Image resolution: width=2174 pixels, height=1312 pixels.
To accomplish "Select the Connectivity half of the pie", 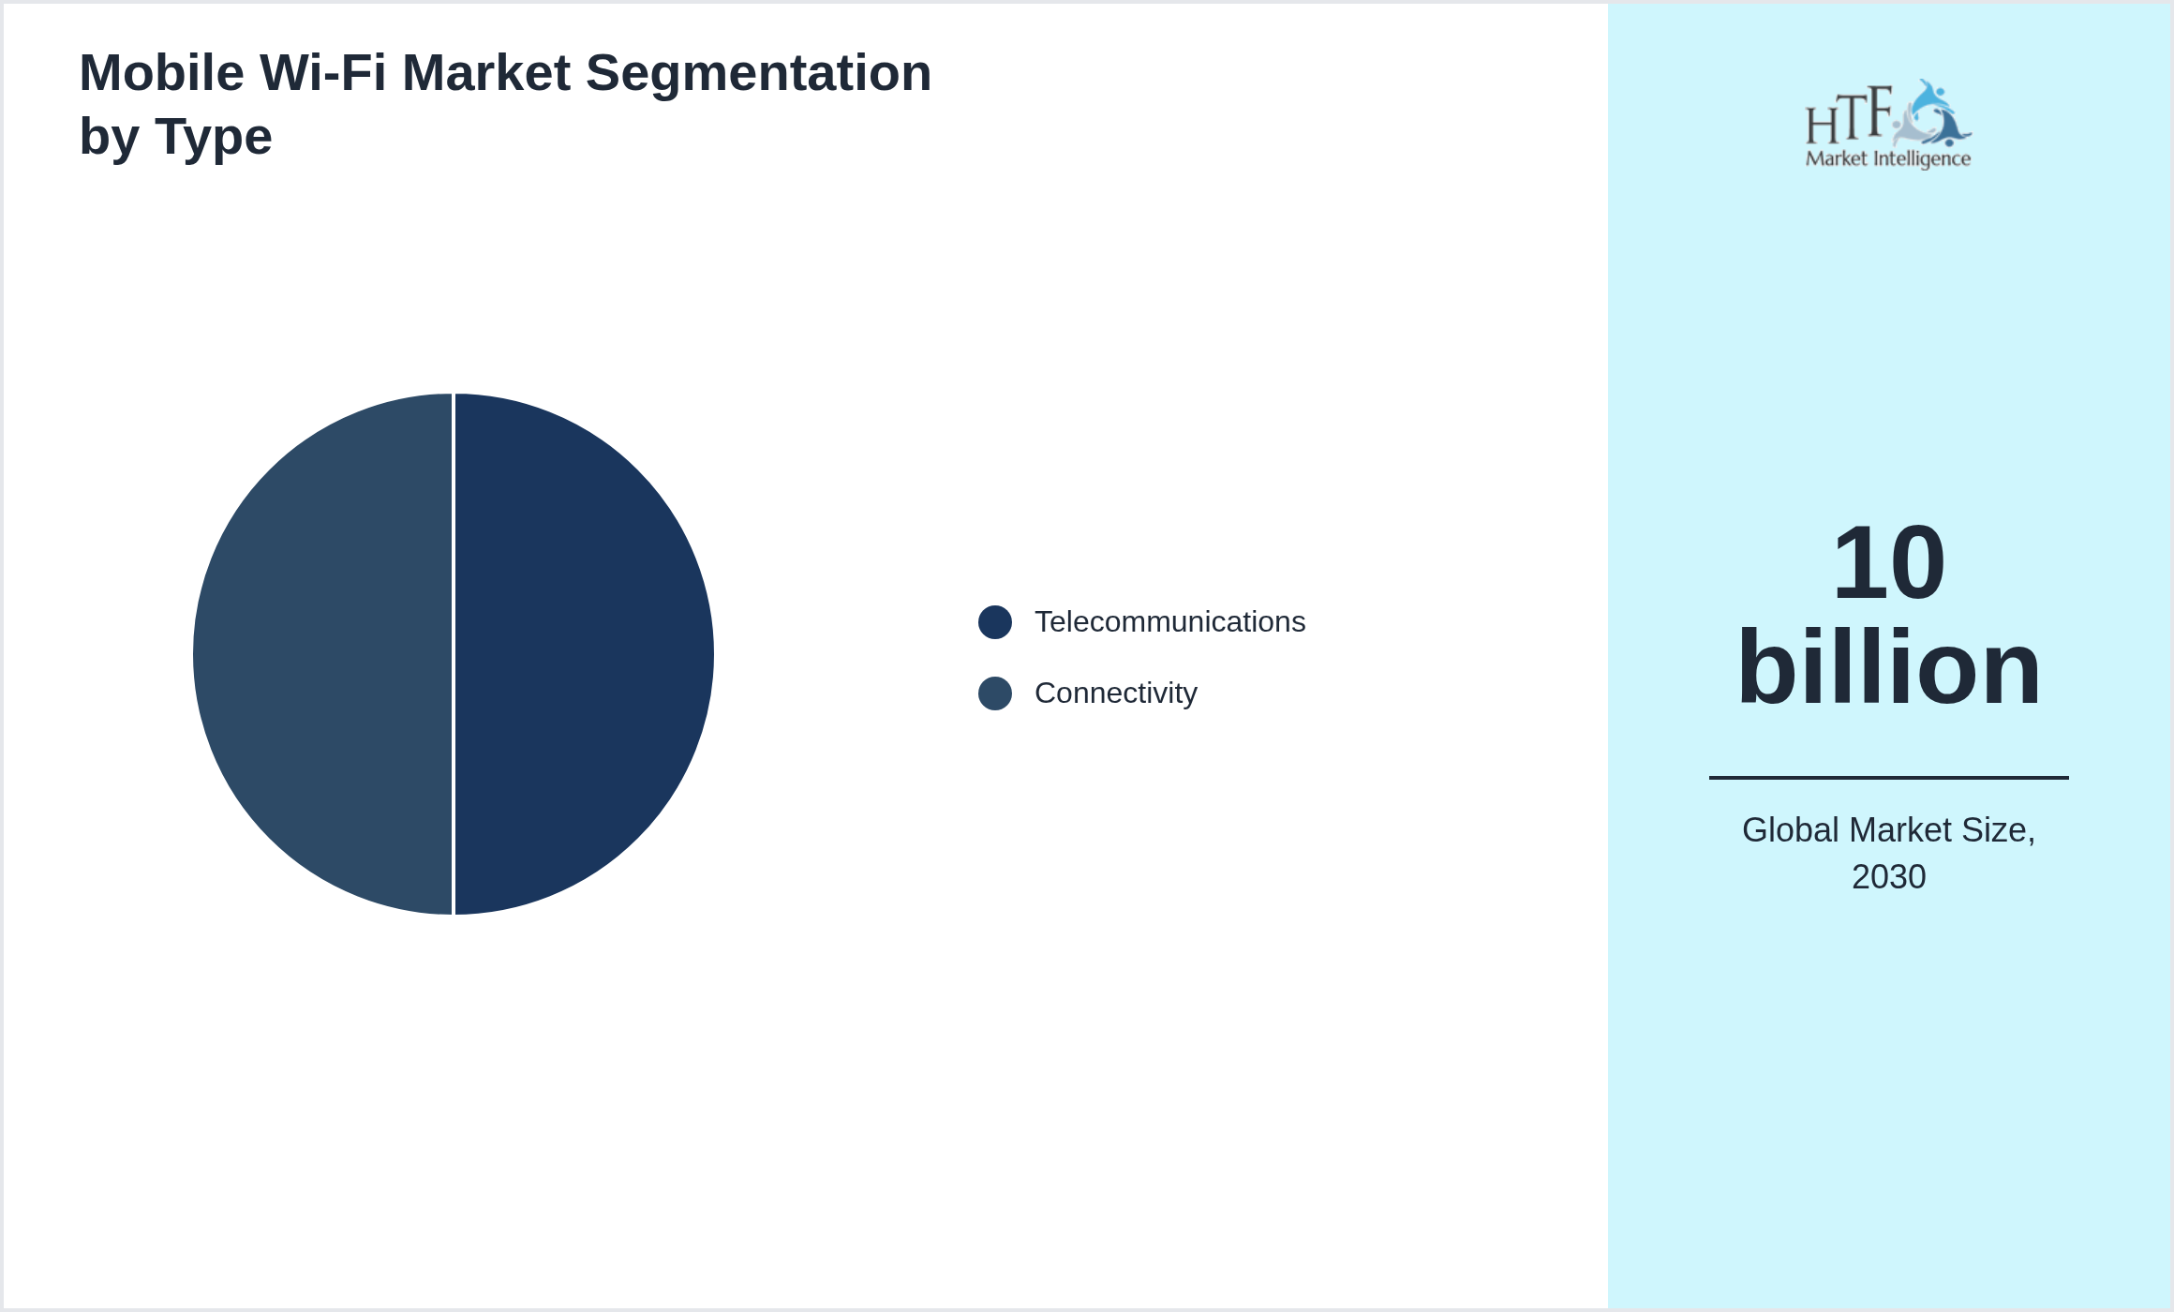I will (323, 654).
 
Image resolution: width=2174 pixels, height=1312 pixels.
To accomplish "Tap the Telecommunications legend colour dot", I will (994, 622).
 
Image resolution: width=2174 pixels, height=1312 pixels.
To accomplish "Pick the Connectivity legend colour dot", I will (994, 693).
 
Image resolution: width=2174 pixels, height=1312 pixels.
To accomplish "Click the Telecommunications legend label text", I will (1169, 622).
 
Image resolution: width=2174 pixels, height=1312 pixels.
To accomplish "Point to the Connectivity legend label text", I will (1115, 693).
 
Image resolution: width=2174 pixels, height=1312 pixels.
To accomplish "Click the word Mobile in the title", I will (162, 73).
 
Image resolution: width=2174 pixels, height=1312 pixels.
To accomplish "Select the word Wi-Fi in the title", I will (322, 73).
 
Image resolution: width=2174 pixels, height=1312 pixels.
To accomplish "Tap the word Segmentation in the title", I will (758, 73).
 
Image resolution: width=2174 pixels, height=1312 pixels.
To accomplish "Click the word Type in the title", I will (214, 138).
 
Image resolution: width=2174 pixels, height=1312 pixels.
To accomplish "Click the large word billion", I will (1888, 667).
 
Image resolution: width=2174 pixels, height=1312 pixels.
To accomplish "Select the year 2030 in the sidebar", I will (1888, 877).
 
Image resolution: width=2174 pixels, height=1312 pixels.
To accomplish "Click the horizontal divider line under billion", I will (1888, 777).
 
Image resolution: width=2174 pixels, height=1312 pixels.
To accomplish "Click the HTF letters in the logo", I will (1848, 116).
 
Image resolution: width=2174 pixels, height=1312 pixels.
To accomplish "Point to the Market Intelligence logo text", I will (1887, 159).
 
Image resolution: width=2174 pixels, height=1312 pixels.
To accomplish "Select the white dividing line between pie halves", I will (454, 654).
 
